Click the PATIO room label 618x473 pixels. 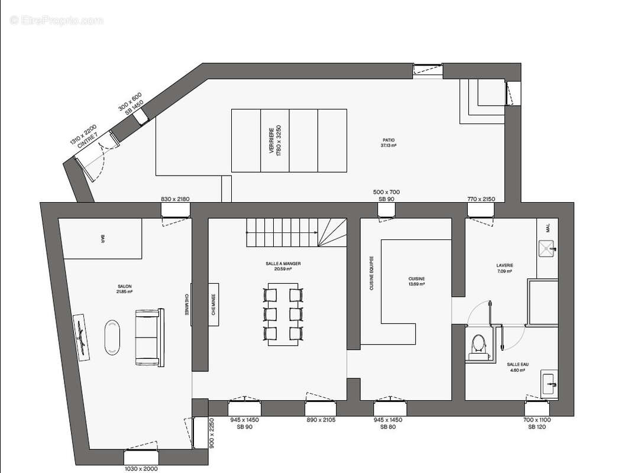[389, 142]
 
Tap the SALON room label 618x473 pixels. [125, 289]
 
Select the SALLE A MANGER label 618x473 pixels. [283, 266]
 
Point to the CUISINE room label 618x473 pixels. [416, 281]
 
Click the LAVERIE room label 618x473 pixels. [505, 268]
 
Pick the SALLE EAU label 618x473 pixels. [517, 367]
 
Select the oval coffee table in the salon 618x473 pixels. [112, 338]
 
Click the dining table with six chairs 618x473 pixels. [283, 313]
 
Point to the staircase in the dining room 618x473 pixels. [296, 232]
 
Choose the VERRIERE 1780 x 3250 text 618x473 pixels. [275, 140]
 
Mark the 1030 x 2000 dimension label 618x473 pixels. [141, 469]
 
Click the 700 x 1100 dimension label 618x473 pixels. [536, 423]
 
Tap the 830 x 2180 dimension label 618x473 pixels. [175, 199]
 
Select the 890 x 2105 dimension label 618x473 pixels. [321, 420]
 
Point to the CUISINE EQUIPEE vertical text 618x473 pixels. [371, 273]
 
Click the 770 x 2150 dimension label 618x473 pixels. [480, 199]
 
